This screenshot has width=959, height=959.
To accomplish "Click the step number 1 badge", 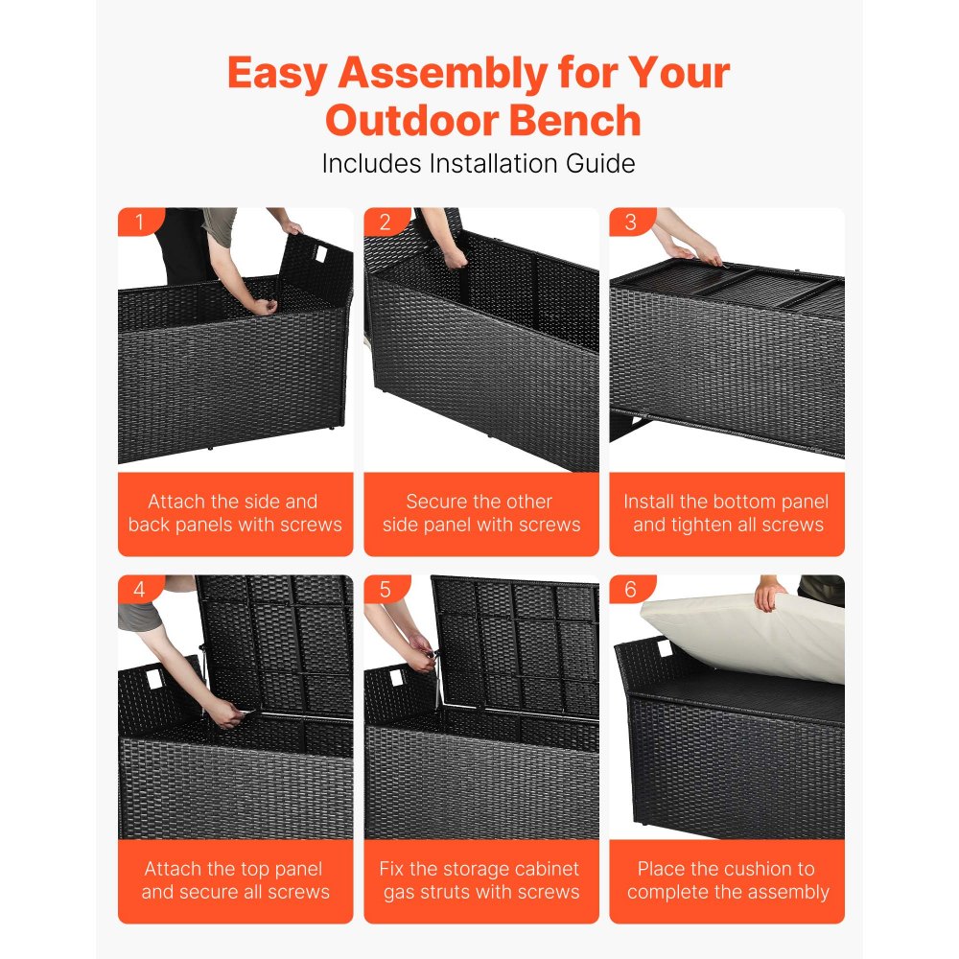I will [x=139, y=223].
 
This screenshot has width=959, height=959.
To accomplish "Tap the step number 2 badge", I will [x=385, y=223].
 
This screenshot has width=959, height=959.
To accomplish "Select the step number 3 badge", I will [x=630, y=223].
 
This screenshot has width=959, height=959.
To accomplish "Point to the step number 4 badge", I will [x=139, y=590].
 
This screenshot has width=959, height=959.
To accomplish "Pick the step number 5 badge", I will [x=385, y=590].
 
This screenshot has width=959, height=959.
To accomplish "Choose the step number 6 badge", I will [x=630, y=590].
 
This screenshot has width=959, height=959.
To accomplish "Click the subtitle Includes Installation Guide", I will [x=479, y=163].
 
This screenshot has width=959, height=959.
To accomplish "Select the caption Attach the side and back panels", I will [x=235, y=513].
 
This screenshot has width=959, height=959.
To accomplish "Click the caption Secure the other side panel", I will [x=480, y=513].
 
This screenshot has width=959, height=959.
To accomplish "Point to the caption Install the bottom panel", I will [x=727, y=513].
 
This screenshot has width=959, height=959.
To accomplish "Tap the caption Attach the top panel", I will [x=235, y=880].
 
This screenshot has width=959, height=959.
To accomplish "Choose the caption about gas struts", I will [x=480, y=880].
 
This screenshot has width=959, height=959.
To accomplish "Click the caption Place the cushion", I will [x=727, y=880].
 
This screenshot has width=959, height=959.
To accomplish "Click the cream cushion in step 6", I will [x=748, y=638].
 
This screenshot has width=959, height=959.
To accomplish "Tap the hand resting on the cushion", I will [x=769, y=595].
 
